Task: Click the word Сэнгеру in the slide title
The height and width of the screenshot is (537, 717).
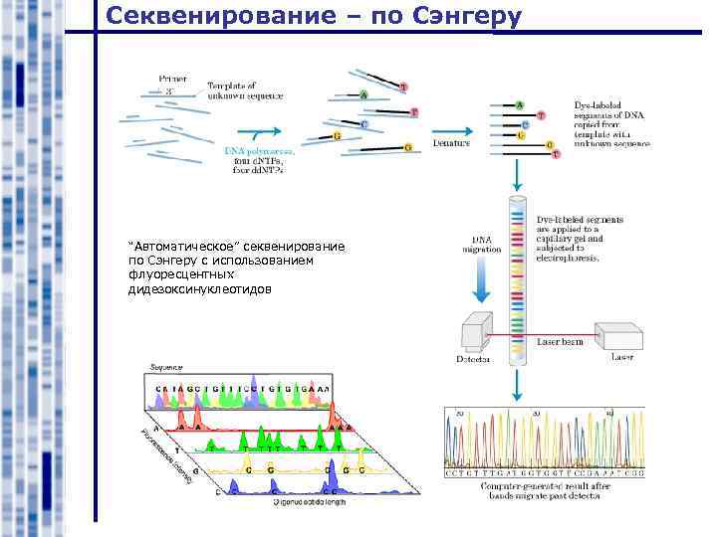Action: click(x=462, y=18)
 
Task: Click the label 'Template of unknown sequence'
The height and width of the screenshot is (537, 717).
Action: click(x=245, y=90)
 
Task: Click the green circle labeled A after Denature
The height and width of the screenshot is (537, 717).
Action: click(x=520, y=104)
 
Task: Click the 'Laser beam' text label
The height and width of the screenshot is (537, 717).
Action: click(x=560, y=342)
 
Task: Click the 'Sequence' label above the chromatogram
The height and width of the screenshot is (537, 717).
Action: click(x=166, y=368)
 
